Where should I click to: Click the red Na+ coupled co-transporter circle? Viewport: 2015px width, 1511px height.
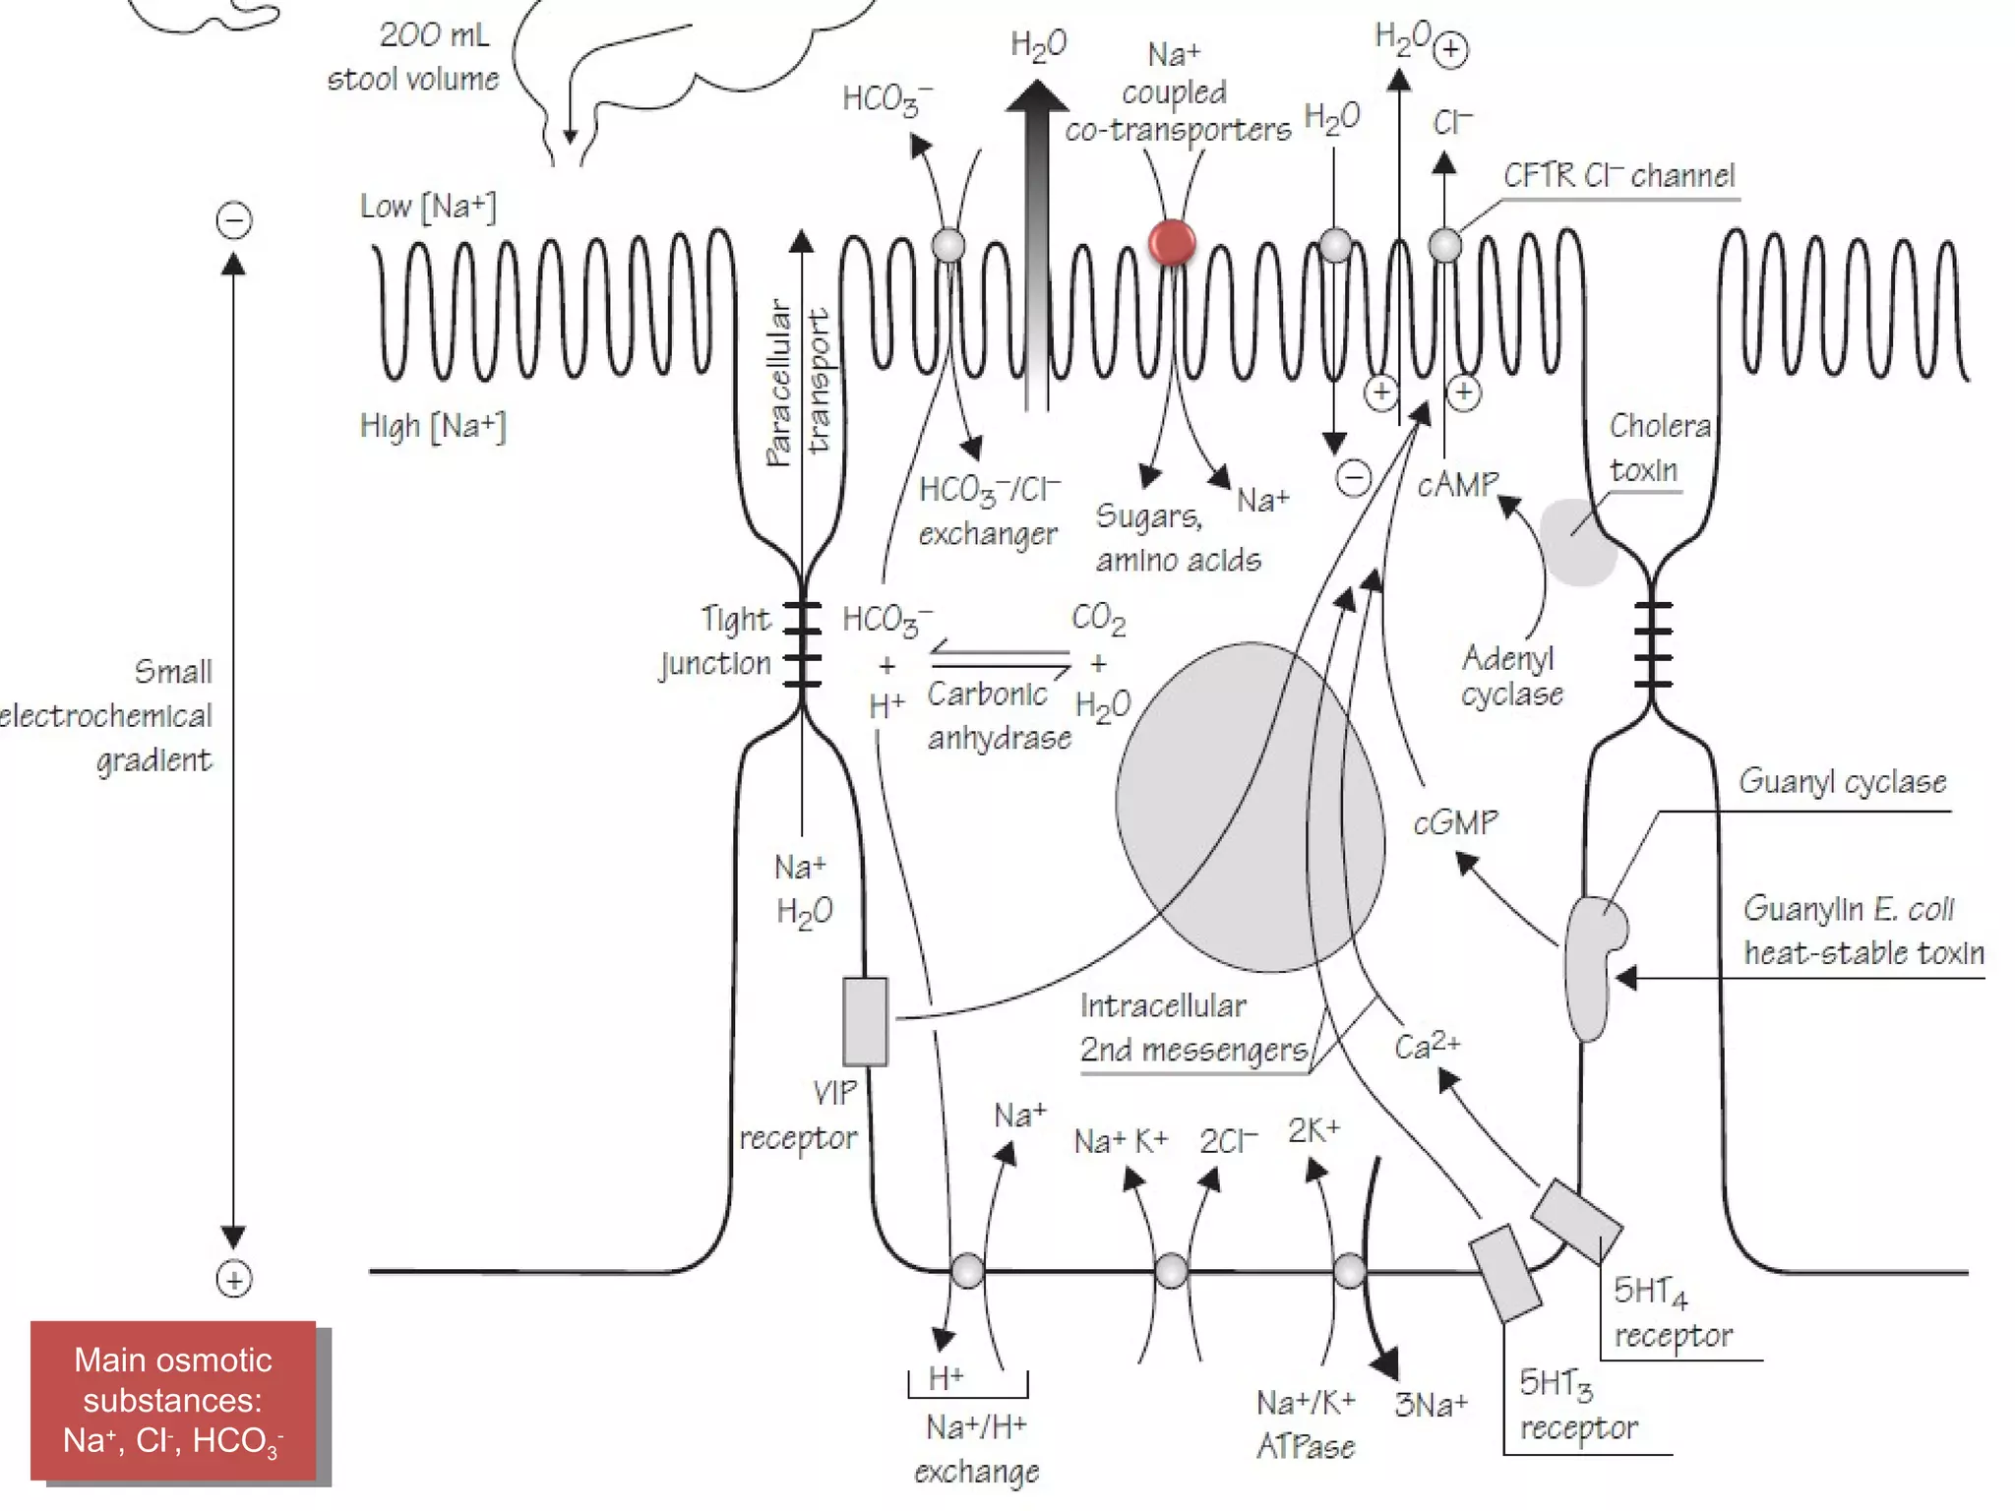click(x=1171, y=242)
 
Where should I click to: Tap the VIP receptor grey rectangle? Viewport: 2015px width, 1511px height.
click(x=865, y=1021)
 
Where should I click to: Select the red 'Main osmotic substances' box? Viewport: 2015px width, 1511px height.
click(x=173, y=1400)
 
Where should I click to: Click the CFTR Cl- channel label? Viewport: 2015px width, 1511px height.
click(x=1618, y=175)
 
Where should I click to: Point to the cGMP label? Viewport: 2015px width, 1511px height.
click(x=1455, y=821)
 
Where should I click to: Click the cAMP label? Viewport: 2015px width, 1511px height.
click(x=1457, y=484)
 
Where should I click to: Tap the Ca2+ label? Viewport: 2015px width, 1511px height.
click(x=1427, y=1045)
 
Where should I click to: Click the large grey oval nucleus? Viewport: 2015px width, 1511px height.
click(x=1250, y=807)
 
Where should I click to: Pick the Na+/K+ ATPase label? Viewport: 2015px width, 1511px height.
click(x=1306, y=1423)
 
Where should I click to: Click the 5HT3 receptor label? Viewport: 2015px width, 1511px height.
click(x=1577, y=1405)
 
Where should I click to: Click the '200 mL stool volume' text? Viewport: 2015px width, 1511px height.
click(x=414, y=57)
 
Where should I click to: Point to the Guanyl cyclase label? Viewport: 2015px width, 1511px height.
click(x=1842, y=782)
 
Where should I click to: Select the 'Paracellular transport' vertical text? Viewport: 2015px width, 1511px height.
click(x=798, y=382)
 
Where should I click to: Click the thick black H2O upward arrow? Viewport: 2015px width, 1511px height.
click(x=1036, y=246)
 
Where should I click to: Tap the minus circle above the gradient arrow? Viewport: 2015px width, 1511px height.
click(x=233, y=219)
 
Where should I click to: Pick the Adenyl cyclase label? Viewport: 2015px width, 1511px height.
click(x=1510, y=675)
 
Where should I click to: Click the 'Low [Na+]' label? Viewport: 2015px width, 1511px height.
click(x=427, y=207)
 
